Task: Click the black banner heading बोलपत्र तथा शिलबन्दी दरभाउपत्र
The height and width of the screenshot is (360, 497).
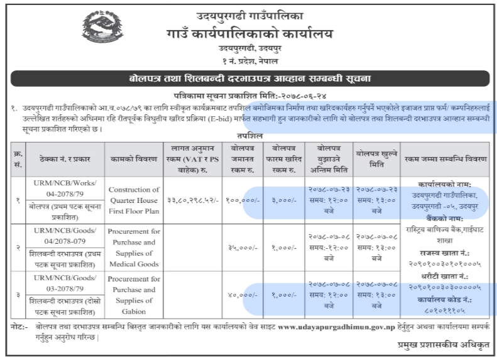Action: click(x=249, y=79)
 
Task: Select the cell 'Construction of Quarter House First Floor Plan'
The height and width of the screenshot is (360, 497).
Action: click(x=134, y=200)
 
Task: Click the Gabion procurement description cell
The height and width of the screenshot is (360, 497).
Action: click(x=134, y=295)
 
